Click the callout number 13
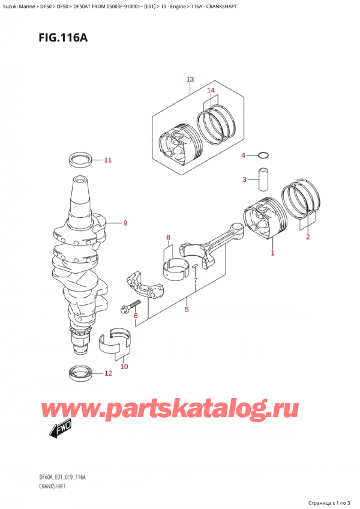[x=190, y=79]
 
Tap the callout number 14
[x=211, y=90]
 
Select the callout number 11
[x=108, y=160]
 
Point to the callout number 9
[x=125, y=223]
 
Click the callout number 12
[x=108, y=373]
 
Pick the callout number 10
[x=124, y=367]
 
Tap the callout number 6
[x=136, y=316]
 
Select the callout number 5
[x=187, y=309]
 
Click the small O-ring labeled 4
[x=263, y=155]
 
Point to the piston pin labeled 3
[x=263, y=179]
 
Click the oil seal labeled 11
[x=80, y=160]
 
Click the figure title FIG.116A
[x=63, y=38]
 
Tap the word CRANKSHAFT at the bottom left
[x=52, y=486]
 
